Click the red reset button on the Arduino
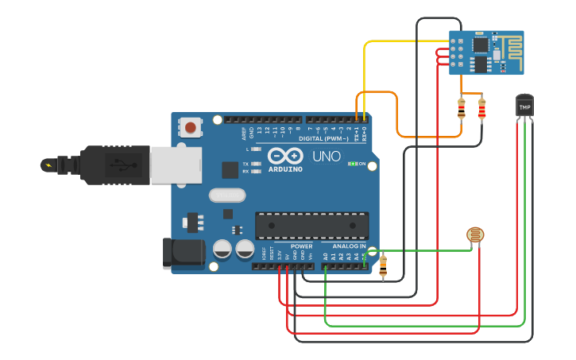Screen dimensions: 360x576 pyautogui.click(x=190, y=127)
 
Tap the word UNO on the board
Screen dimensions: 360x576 pyautogui.click(x=326, y=157)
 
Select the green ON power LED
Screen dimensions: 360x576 pyautogui.click(x=353, y=164)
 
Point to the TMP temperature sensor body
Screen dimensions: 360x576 pyautogui.click(x=524, y=106)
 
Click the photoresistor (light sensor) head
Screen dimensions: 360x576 pyautogui.click(x=475, y=235)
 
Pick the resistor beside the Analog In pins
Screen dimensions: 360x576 pyautogui.click(x=383, y=266)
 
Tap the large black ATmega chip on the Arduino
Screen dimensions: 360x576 pyautogui.click(x=311, y=225)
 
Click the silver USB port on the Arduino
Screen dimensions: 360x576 pyautogui.click(x=172, y=165)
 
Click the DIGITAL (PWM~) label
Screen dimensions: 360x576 pyautogui.click(x=322, y=138)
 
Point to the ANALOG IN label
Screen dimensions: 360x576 pyautogui.click(x=348, y=246)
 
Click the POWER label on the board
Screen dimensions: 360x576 pyautogui.click(x=301, y=246)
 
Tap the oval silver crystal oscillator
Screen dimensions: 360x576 pyautogui.click(x=227, y=195)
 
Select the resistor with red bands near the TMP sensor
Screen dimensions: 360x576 pyautogui.click(x=481, y=110)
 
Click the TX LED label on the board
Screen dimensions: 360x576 pyautogui.click(x=245, y=163)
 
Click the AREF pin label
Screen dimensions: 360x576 pyautogui.click(x=244, y=132)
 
